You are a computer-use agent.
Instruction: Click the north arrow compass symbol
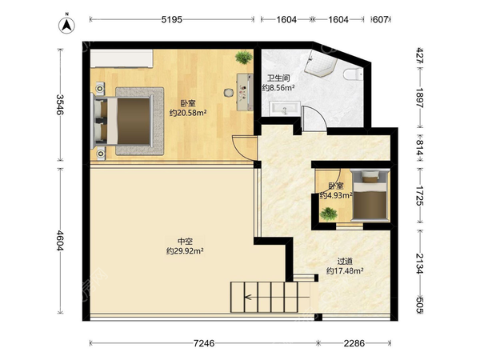[x=66, y=25]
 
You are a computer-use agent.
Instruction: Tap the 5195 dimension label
[x=172, y=19]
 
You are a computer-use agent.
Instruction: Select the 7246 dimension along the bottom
[x=204, y=343]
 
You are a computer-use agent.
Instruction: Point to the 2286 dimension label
[x=354, y=343]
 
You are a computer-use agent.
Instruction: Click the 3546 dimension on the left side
[x=60, y=104]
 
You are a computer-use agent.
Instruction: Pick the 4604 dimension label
[x=60, y=240]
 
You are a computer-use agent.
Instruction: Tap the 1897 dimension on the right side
[x=419, y=98]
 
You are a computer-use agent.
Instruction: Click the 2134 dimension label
[x=419, y=263]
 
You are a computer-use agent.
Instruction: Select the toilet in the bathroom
[x=353, y=74]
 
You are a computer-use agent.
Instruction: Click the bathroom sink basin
[x=284, y=109]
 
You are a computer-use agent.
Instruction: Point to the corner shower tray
[x=321, y=64]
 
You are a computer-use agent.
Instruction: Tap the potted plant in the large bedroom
[x=244, y=58]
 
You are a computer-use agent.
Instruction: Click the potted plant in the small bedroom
[x=329, y=214]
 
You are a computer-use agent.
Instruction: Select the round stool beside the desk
[x=228, y=93]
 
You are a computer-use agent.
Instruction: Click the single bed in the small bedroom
[x=370, y=194]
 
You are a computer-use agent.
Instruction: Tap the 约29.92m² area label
[x=185, y=251]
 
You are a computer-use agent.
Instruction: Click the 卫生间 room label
[x=278, y=78]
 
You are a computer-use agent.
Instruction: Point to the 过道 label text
[x=345, y=261]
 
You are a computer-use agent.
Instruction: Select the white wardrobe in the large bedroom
[x=122, y=58]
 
